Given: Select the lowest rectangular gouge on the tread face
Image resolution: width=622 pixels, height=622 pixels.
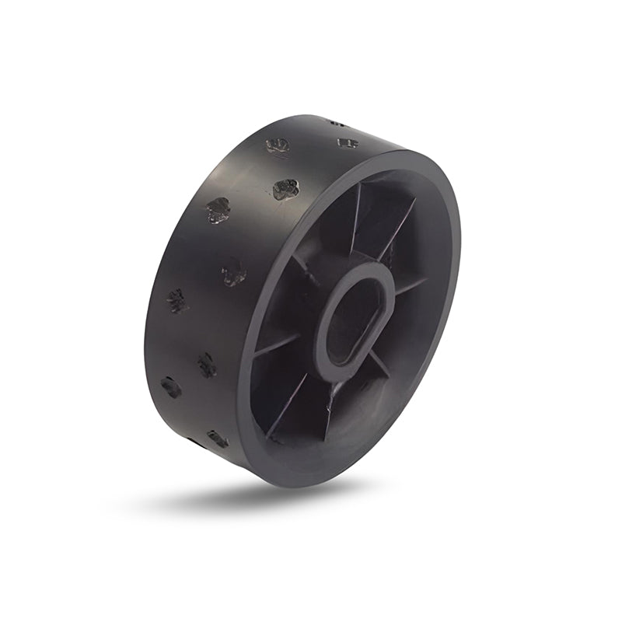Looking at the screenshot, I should [x=218, y=439].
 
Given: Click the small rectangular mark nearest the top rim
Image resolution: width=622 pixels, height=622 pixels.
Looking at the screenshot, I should [x=348, y=143].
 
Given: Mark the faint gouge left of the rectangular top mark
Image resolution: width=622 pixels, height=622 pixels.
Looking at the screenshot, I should [x=278, y=146].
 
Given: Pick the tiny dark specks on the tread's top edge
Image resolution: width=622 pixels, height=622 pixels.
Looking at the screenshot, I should [x=335, y=122].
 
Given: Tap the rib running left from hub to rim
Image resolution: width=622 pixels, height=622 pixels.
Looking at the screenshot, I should [x=276, y=346].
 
